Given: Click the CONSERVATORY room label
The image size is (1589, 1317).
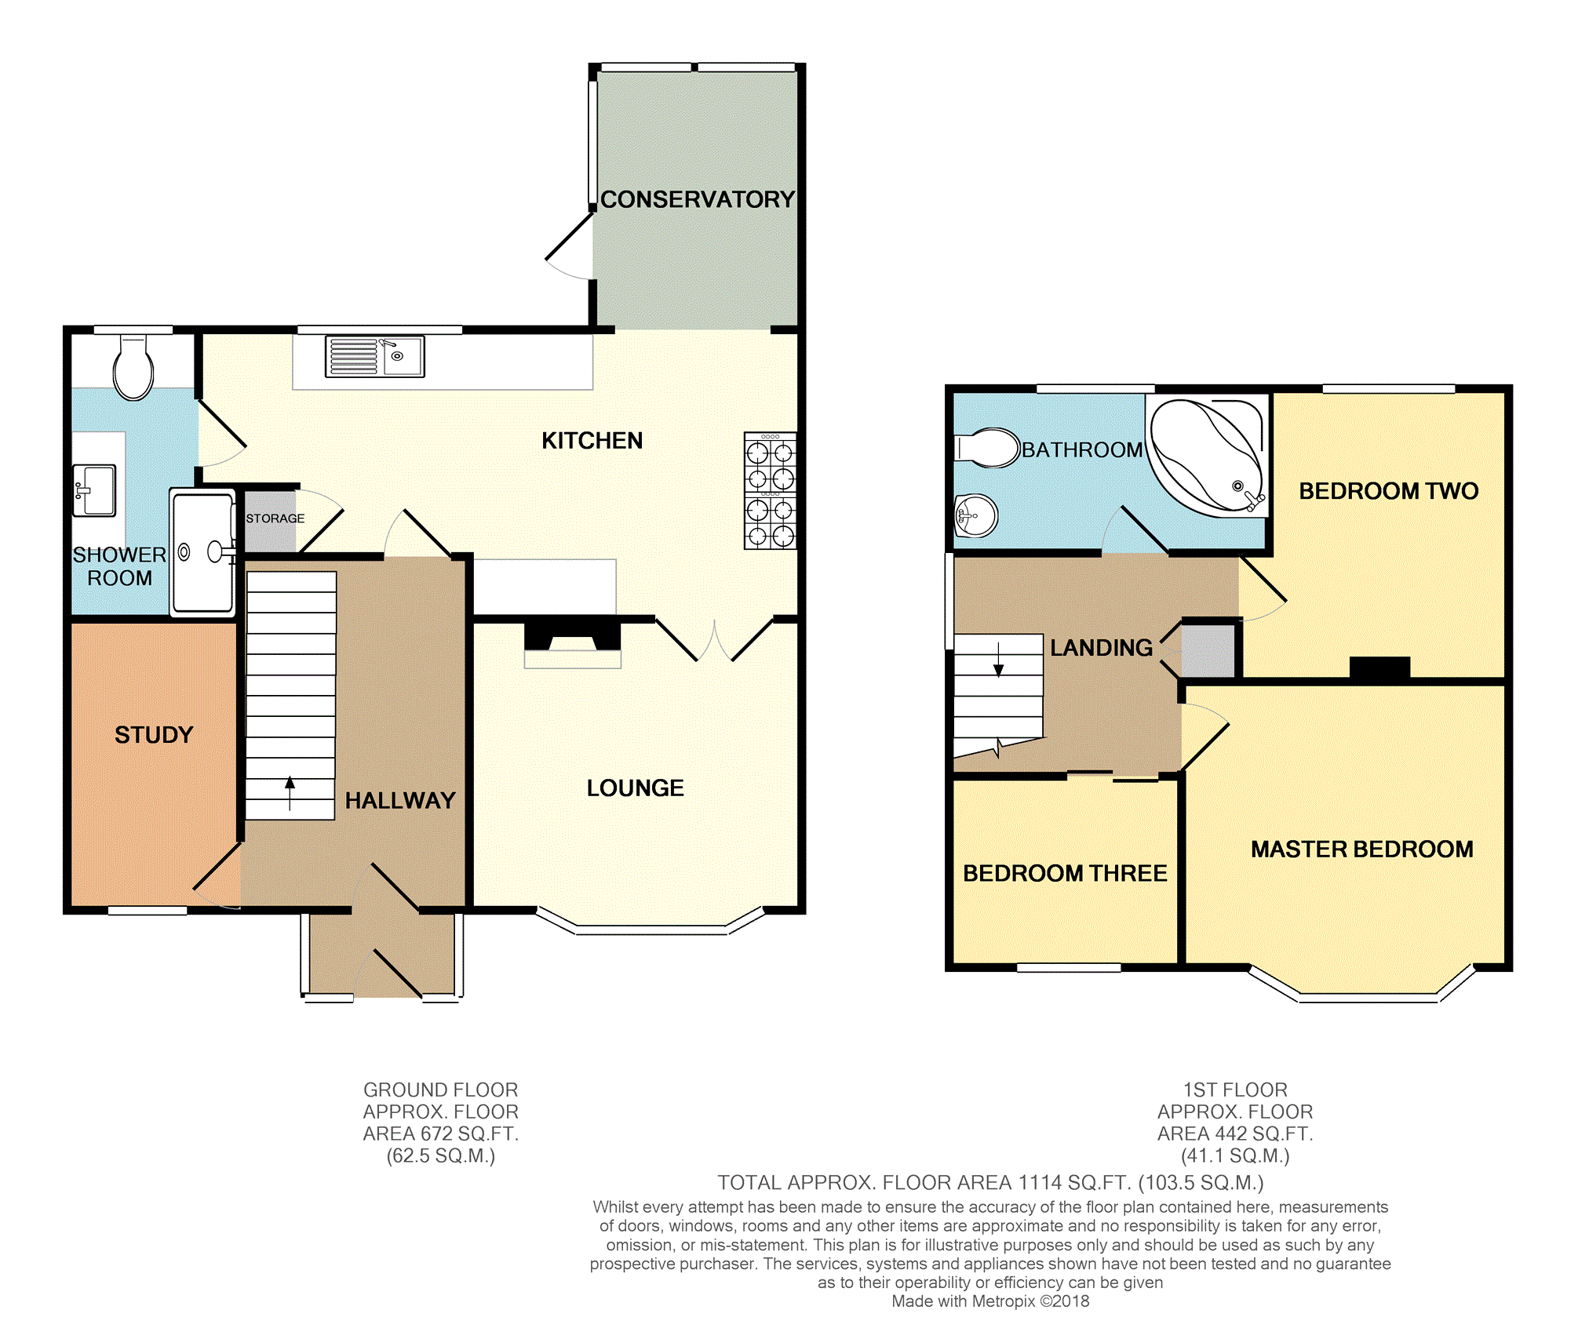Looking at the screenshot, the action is coord(698,199).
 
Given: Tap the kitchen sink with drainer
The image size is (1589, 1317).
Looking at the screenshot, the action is coord(375,356).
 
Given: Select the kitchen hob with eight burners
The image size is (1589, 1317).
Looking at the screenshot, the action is coord(770,490).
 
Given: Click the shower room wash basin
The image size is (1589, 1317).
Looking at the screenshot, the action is coord(94,490).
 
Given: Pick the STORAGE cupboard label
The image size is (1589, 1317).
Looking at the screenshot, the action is coord(275,518).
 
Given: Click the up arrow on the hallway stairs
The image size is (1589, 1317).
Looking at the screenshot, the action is coord(290,792).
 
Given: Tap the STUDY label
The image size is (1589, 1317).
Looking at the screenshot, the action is coord(154,735).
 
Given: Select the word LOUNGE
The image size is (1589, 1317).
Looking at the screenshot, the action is coord(636,788).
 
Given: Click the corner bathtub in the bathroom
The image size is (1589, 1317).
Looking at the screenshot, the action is coord(1207,456).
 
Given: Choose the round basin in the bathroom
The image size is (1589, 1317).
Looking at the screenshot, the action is coord(975,515).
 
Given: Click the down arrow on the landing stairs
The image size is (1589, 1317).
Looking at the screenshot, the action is coord(999,660).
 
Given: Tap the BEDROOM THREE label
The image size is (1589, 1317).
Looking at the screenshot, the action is coord(1065,873).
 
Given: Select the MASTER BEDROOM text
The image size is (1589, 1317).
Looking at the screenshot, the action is coord(1362,849).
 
